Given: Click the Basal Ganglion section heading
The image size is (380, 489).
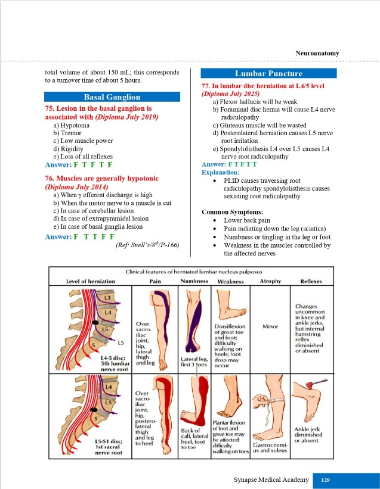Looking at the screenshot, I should pos(112,97).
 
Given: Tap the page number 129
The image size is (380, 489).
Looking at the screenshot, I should pos(326,479).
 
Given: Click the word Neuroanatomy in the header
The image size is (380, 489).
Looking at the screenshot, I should pos(317,53).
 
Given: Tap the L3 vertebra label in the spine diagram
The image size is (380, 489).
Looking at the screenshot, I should pos(107,297).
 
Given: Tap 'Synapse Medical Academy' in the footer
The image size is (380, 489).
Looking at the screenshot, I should pos(272,479).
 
